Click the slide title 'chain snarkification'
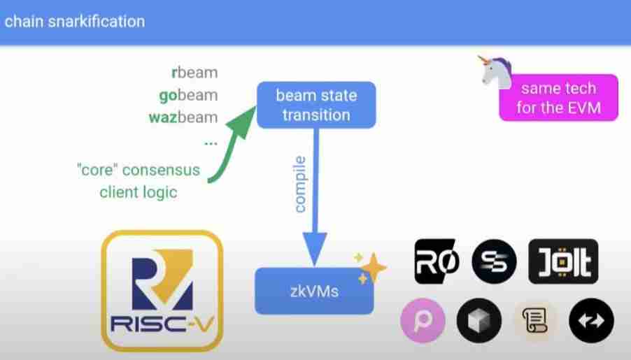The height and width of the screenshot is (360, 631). [x=73, y=21]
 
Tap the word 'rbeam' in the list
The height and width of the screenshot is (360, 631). [x=194, y=72]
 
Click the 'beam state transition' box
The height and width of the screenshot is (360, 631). [x=315, y=105]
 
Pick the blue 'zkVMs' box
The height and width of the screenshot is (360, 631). [x=313, y=290]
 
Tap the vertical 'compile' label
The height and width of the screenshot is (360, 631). [x=300, y=185]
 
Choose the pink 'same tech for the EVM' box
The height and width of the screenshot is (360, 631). [x=558, y=98]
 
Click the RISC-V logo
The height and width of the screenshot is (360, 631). [x=162, y=290]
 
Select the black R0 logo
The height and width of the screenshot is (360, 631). [x=436, y=261]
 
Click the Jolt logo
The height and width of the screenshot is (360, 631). [x=564, y=261]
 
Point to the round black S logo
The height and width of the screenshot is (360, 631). [x=494, y=261]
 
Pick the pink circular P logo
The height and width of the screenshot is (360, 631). [x=423, y=321]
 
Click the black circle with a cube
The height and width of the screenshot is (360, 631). [x=479, y=321]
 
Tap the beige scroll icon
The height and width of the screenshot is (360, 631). [x=535, y=321]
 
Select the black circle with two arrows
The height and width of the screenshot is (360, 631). [x=591, y=321]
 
